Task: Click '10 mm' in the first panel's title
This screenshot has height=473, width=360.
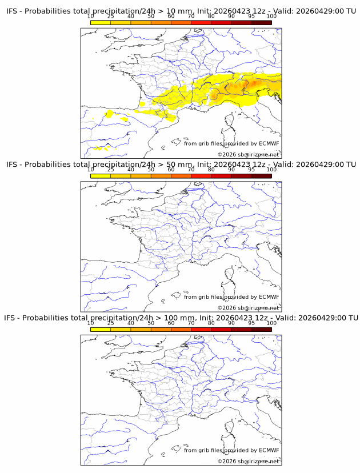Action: pos(179,11)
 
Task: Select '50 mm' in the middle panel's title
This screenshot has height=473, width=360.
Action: pos(179,165)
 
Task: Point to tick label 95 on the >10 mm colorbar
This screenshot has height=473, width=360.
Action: pos(251,17)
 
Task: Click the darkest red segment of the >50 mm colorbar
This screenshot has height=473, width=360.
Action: pos(261,176)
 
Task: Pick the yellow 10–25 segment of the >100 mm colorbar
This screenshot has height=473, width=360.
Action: pos(101,330)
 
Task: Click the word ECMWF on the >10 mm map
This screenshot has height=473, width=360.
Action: pos(269,143)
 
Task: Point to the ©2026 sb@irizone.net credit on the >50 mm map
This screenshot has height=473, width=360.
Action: pos(249,308)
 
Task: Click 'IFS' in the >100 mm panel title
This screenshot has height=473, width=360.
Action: pos(10,318)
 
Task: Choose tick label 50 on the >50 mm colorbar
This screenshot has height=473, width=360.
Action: pos(151,170)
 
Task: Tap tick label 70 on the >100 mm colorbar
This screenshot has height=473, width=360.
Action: pos(191,323)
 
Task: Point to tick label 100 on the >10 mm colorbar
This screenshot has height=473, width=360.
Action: pos(271,17)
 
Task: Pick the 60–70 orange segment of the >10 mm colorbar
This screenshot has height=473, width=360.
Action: pos(181,23)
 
